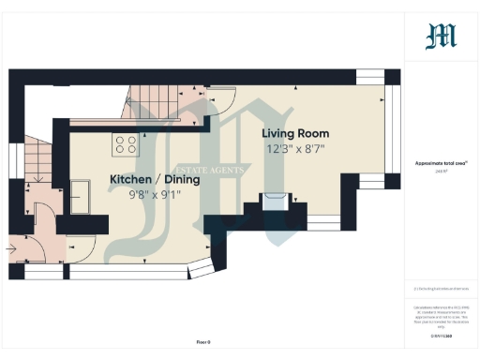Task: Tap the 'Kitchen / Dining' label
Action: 155,179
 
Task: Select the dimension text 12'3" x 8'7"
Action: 298,148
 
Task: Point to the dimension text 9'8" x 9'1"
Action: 155,194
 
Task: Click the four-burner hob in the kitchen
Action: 125,144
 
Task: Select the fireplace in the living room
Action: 274,201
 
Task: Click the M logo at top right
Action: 441,36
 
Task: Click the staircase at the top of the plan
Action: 150,101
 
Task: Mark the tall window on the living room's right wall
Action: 395,127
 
